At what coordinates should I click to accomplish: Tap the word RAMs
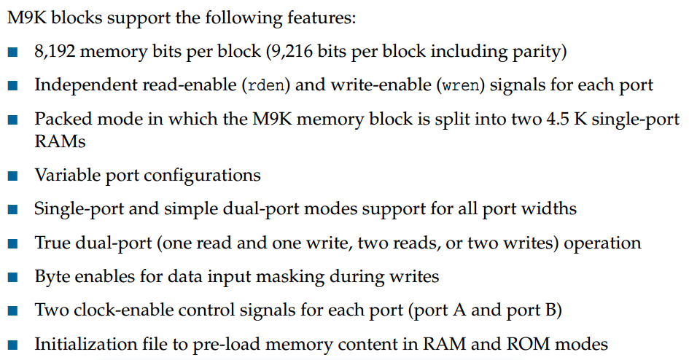click(x=60, y=141)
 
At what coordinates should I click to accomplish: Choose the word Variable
click(x=63, y=176)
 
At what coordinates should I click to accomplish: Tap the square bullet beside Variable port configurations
click(x=13, y=176)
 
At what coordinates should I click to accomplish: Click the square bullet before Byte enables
click(x=13, y=278)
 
